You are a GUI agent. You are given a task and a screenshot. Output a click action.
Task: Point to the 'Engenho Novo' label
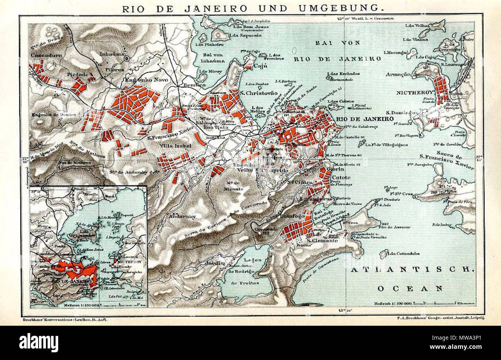131,80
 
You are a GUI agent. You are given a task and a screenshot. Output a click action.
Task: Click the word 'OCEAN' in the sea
410,288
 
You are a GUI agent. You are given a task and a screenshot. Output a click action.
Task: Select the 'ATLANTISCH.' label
411,270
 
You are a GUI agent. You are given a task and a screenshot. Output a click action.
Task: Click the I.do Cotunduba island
383,253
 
